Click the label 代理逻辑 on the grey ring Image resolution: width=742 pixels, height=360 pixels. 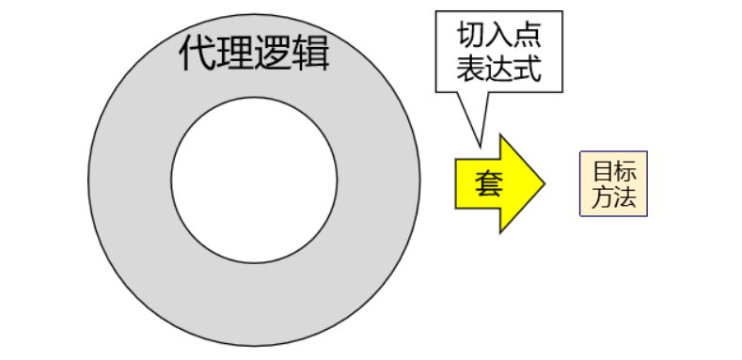(x=254, y=54)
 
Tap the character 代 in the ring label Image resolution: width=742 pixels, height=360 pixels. (x=196, y=54)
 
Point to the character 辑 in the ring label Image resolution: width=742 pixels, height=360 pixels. (x=312, y=54)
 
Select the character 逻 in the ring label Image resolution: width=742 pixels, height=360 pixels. (x=274, y=54)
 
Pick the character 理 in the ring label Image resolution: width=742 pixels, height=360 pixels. (x=235, y=54)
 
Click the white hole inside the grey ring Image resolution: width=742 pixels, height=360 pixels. (x=254, y=179)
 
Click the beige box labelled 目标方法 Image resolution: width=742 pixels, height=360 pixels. (x=614, y=183)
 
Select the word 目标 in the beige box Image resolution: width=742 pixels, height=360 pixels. (x=614, y=171)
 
